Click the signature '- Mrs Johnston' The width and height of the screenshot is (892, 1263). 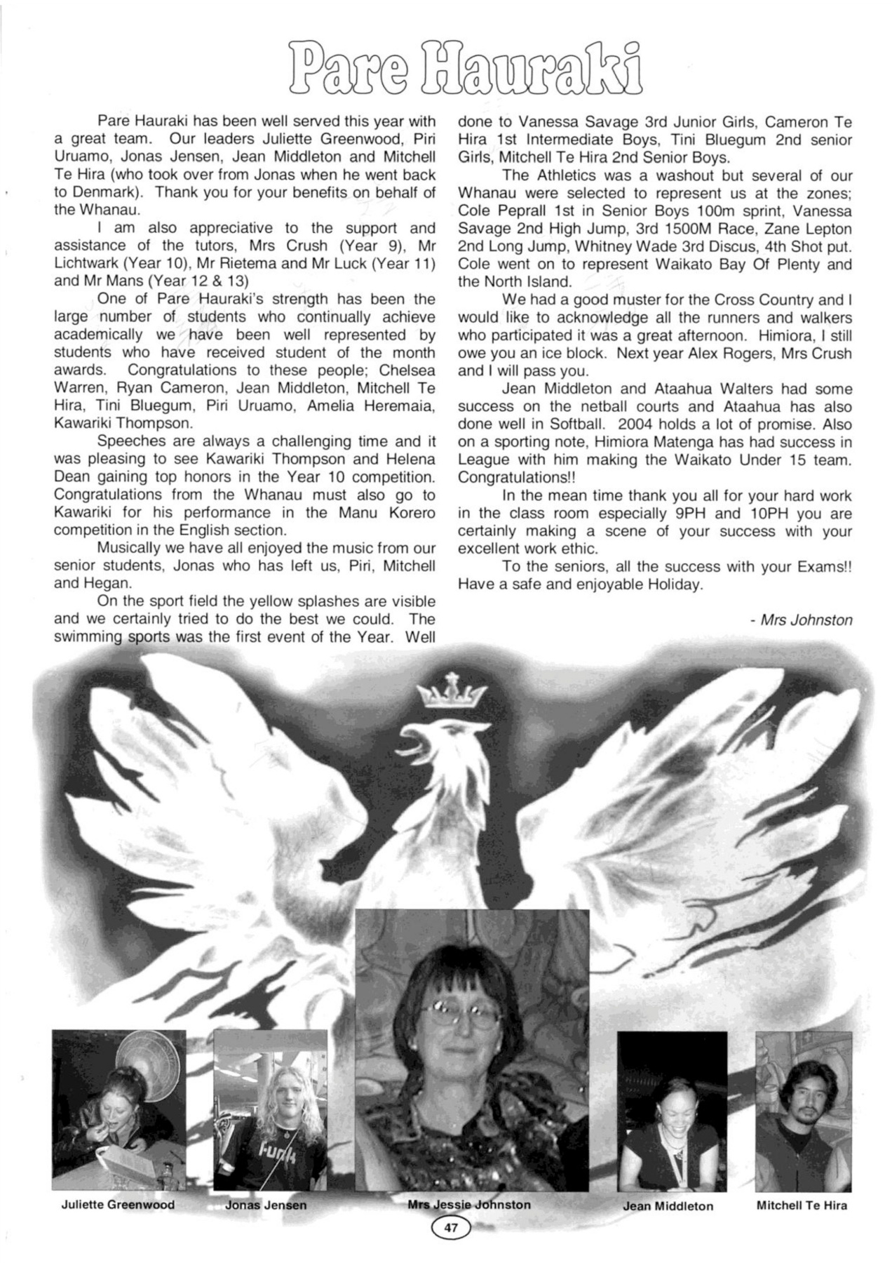(801, 620)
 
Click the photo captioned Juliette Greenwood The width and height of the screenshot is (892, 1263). (119, 1109)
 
